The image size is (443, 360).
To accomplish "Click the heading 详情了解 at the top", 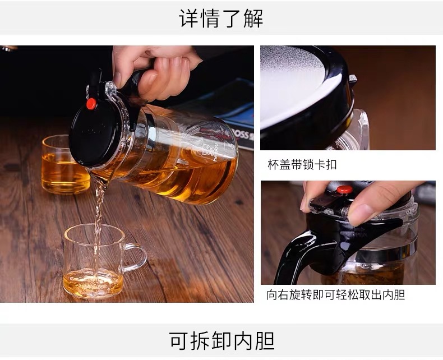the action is click(221, 19).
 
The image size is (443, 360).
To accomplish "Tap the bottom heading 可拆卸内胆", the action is click(222, 341).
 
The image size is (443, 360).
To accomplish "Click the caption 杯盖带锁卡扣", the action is click(302, 164).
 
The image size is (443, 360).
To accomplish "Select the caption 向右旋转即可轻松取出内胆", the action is click(336, 295).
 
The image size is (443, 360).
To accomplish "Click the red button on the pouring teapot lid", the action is click(91, 104).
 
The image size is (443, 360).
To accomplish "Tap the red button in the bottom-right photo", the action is click(344, 190).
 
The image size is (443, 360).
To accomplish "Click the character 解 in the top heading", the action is click(253, 19).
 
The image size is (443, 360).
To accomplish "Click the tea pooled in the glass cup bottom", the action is click(93, 283).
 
